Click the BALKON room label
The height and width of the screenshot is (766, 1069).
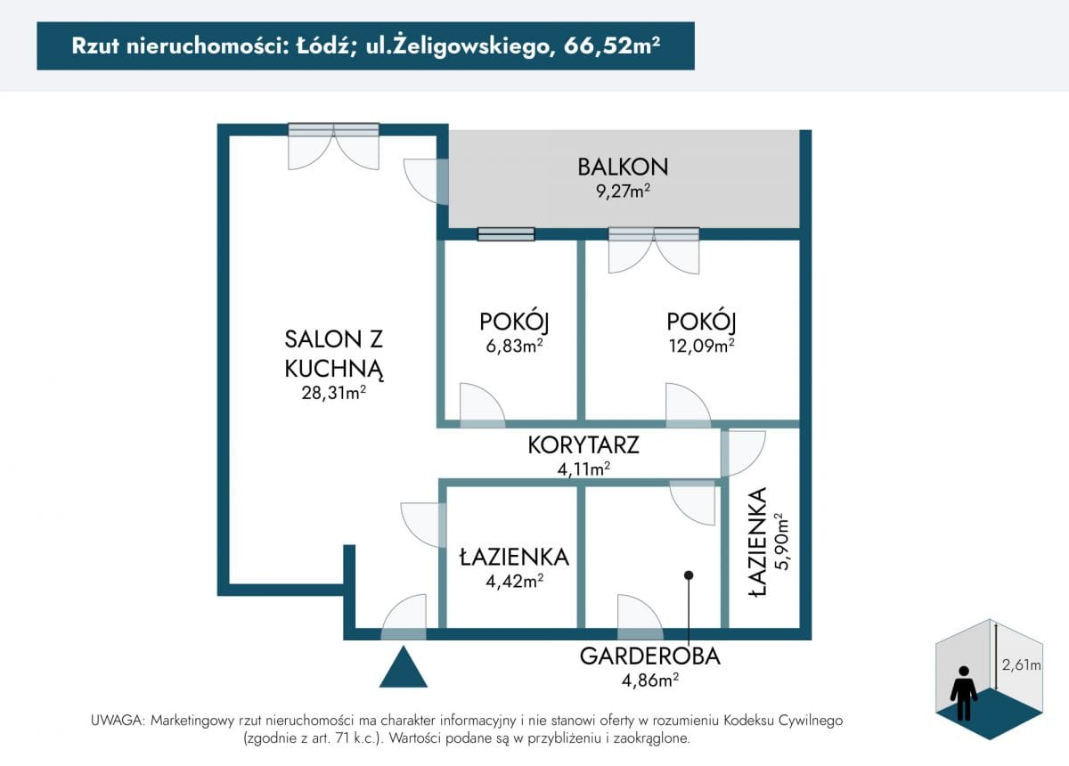(623, 167)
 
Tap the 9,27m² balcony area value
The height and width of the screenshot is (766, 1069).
(623, 191)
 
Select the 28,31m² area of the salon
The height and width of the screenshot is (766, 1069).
(333, 393)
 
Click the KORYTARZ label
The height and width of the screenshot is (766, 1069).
(583, 444)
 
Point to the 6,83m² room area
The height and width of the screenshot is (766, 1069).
(514, 346)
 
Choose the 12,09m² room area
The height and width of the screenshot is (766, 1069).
(701, 346)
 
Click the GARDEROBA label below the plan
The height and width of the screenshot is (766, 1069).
(650, 656)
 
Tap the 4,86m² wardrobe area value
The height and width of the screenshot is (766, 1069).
(650, 680)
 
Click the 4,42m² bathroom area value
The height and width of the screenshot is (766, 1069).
(515, 581)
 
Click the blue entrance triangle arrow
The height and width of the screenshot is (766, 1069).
(404, 667)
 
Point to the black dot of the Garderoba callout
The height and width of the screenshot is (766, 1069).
(688, 575)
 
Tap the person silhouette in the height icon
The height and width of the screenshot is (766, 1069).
(964, 694)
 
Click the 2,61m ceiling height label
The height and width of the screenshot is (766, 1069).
(1021, 664)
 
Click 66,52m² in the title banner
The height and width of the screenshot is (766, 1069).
(612, 45)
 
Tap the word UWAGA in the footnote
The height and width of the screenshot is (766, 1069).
(118, 721)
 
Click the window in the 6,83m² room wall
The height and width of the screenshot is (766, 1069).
(506, 234)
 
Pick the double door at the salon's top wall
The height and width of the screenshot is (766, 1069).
(333, 146)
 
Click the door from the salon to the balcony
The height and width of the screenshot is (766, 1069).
(426, 182)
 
